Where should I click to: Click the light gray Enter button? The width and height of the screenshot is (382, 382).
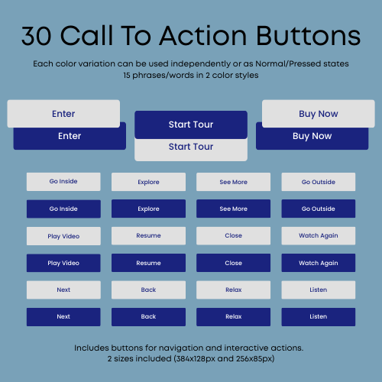[63, 114]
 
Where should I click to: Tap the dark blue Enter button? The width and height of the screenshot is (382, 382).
[70, 137]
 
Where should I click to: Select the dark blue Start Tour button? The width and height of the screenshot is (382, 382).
[191, 125]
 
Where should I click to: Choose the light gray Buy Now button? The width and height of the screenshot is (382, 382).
[318, 114]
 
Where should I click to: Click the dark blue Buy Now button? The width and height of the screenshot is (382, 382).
[312, 137]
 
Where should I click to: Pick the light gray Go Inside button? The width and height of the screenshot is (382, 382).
[63, 182]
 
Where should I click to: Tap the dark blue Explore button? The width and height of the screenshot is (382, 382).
[148, 209]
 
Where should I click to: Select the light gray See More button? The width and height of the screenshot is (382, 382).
[233, 182]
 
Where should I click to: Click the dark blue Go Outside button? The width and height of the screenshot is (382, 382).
[318, 209]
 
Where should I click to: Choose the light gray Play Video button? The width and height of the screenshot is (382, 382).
[63, 236]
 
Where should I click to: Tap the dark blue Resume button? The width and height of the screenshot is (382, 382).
[148, 263]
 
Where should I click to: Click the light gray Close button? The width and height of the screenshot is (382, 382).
[233, 236]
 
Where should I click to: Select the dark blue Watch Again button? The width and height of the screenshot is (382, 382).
[318, 263]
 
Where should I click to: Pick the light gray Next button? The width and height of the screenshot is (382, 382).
[63, 290]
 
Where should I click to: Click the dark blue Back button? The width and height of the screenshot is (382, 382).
[148, 316]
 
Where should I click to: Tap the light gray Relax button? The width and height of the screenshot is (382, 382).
[233, 290]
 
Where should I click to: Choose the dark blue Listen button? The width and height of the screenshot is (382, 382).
[318, 316]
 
